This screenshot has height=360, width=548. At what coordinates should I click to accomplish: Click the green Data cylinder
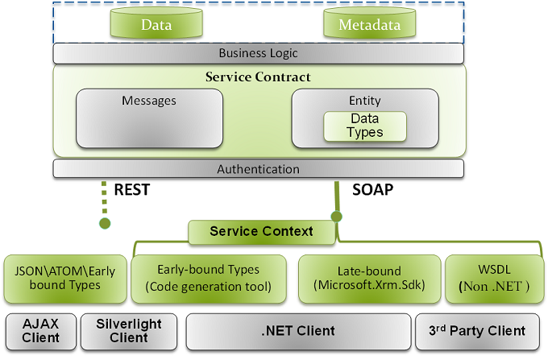156,24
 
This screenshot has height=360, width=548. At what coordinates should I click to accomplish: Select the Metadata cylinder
369,24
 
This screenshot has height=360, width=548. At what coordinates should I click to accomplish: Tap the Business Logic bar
258,53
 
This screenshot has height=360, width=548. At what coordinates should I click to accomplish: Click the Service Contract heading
258,77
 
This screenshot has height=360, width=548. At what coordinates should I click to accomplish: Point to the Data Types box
364,126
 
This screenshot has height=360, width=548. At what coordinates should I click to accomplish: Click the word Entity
364,101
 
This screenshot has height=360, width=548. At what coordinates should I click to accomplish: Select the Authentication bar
258,169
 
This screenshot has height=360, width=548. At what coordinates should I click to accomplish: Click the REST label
132,190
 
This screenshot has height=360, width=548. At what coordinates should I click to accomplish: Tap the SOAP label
372,190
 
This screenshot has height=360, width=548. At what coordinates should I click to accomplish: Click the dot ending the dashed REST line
104,223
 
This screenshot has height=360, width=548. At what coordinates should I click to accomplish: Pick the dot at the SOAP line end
336,217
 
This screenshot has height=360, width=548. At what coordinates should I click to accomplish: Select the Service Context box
261,232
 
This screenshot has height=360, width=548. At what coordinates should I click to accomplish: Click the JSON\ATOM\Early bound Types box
64,278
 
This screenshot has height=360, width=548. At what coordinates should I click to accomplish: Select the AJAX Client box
40,330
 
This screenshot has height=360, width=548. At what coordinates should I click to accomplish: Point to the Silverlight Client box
129,330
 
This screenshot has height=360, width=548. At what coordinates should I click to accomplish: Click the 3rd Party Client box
481,330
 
